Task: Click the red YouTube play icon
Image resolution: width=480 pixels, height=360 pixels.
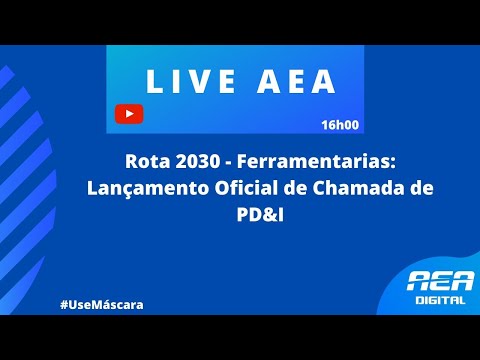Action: click(129, 113)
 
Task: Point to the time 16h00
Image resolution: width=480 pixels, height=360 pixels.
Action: click(340, 126)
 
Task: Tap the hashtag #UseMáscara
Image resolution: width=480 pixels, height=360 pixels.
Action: click(101, 303)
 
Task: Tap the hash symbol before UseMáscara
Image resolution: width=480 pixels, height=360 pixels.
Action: click(63, 303)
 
